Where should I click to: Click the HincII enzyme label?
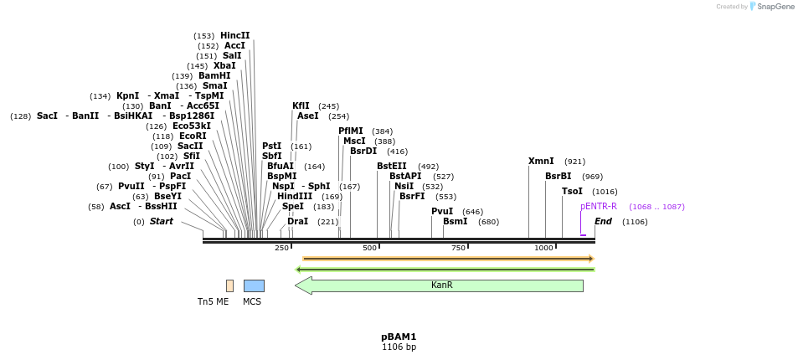coord(234,36)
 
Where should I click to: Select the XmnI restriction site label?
coord(541,162)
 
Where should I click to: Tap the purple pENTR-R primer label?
coord(598,207)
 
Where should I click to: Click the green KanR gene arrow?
coord(439,285)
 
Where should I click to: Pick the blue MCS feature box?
coord(254,285)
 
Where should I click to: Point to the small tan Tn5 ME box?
coord(229,285)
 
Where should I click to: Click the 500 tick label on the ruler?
coord(369,248)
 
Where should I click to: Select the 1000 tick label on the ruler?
coord(543,248)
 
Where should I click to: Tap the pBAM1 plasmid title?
coord(399,337)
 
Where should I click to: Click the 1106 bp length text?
coord(399,347)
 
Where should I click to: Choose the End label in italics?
coord(603,222)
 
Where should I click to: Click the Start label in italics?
coord(162,222)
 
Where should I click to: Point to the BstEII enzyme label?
coord(391,167)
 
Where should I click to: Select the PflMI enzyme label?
coord(351,131)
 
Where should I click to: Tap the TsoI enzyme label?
coord(572,192)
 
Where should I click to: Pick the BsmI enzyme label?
coord(455,222)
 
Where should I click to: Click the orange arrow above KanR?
coord(448,259)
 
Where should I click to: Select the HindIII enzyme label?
coord(295,197)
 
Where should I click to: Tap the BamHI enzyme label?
coord(214,76)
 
